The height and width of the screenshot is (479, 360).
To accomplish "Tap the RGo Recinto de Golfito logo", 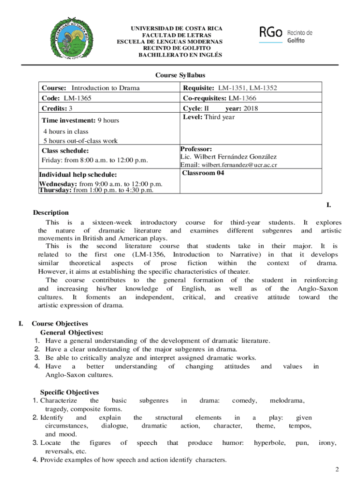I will [x=285, y=34].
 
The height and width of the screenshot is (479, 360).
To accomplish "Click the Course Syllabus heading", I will [x=180, y=75].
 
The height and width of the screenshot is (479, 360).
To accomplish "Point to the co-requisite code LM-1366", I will [x=242, y=98].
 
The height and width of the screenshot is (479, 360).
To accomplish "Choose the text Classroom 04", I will [x=203, y=173].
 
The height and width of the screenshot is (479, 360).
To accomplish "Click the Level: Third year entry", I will [x=209, y=117].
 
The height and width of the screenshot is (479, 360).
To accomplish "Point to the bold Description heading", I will [x=51, y=213].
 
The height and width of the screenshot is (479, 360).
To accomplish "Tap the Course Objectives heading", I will [x=59, y=324].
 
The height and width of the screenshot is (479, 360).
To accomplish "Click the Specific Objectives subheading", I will [x=69, y=392].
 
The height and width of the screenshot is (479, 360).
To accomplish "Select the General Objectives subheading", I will [x=72, y=332].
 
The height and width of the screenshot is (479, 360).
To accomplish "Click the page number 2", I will [x=337, y=469].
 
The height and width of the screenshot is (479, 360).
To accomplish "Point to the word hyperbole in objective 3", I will [x=270, y=443].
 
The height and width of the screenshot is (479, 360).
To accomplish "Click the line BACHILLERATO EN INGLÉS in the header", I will [x=180, y=55].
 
